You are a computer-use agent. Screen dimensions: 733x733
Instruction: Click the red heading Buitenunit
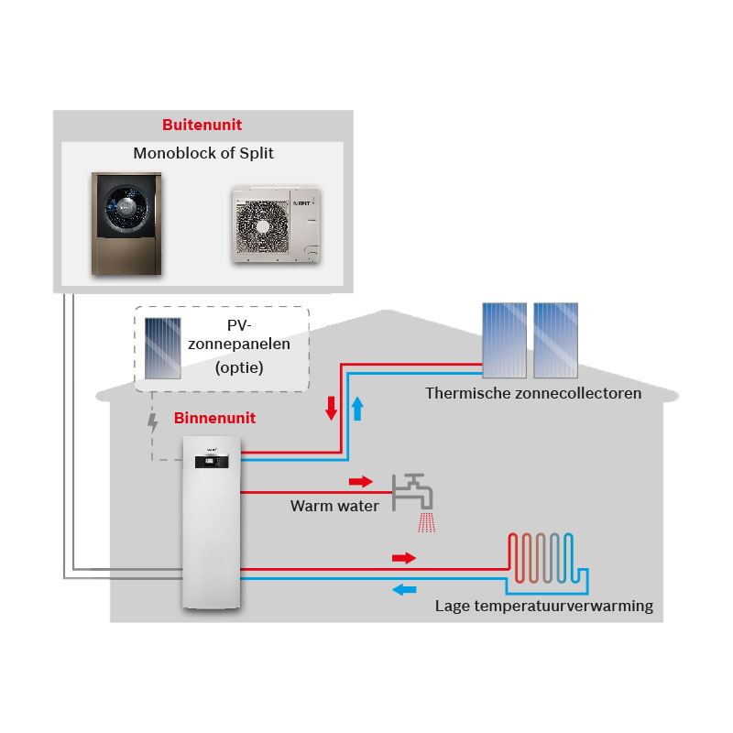[202, 125]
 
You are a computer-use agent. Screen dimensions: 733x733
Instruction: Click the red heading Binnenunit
[214, 418]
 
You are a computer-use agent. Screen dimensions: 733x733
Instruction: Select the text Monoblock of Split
[203, 153]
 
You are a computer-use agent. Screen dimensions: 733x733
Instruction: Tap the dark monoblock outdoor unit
[126, 224]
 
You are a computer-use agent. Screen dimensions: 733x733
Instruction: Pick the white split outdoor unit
[277, 224]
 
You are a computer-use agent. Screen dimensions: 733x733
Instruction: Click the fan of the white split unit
[262, 226]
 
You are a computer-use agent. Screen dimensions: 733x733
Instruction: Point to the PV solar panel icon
[163, 348]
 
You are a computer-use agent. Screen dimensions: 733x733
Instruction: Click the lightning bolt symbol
[152, 423]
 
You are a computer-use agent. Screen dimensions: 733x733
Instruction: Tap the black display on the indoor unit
[212, 462]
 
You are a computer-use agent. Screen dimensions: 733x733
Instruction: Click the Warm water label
[334, 507]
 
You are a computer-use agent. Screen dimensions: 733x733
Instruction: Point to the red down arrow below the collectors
[332, 409]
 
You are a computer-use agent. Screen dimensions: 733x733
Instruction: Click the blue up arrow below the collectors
[357, 409]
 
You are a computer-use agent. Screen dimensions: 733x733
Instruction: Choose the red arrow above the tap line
[361, 482]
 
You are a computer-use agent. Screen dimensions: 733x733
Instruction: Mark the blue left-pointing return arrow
[404, 589]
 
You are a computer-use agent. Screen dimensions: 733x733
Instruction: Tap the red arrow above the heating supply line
[404, 558]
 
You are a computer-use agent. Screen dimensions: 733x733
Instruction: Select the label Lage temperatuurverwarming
[544, 607]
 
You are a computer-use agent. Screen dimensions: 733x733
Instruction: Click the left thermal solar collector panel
[505, 340]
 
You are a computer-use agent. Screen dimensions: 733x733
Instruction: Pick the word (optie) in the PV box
[239, 368]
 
